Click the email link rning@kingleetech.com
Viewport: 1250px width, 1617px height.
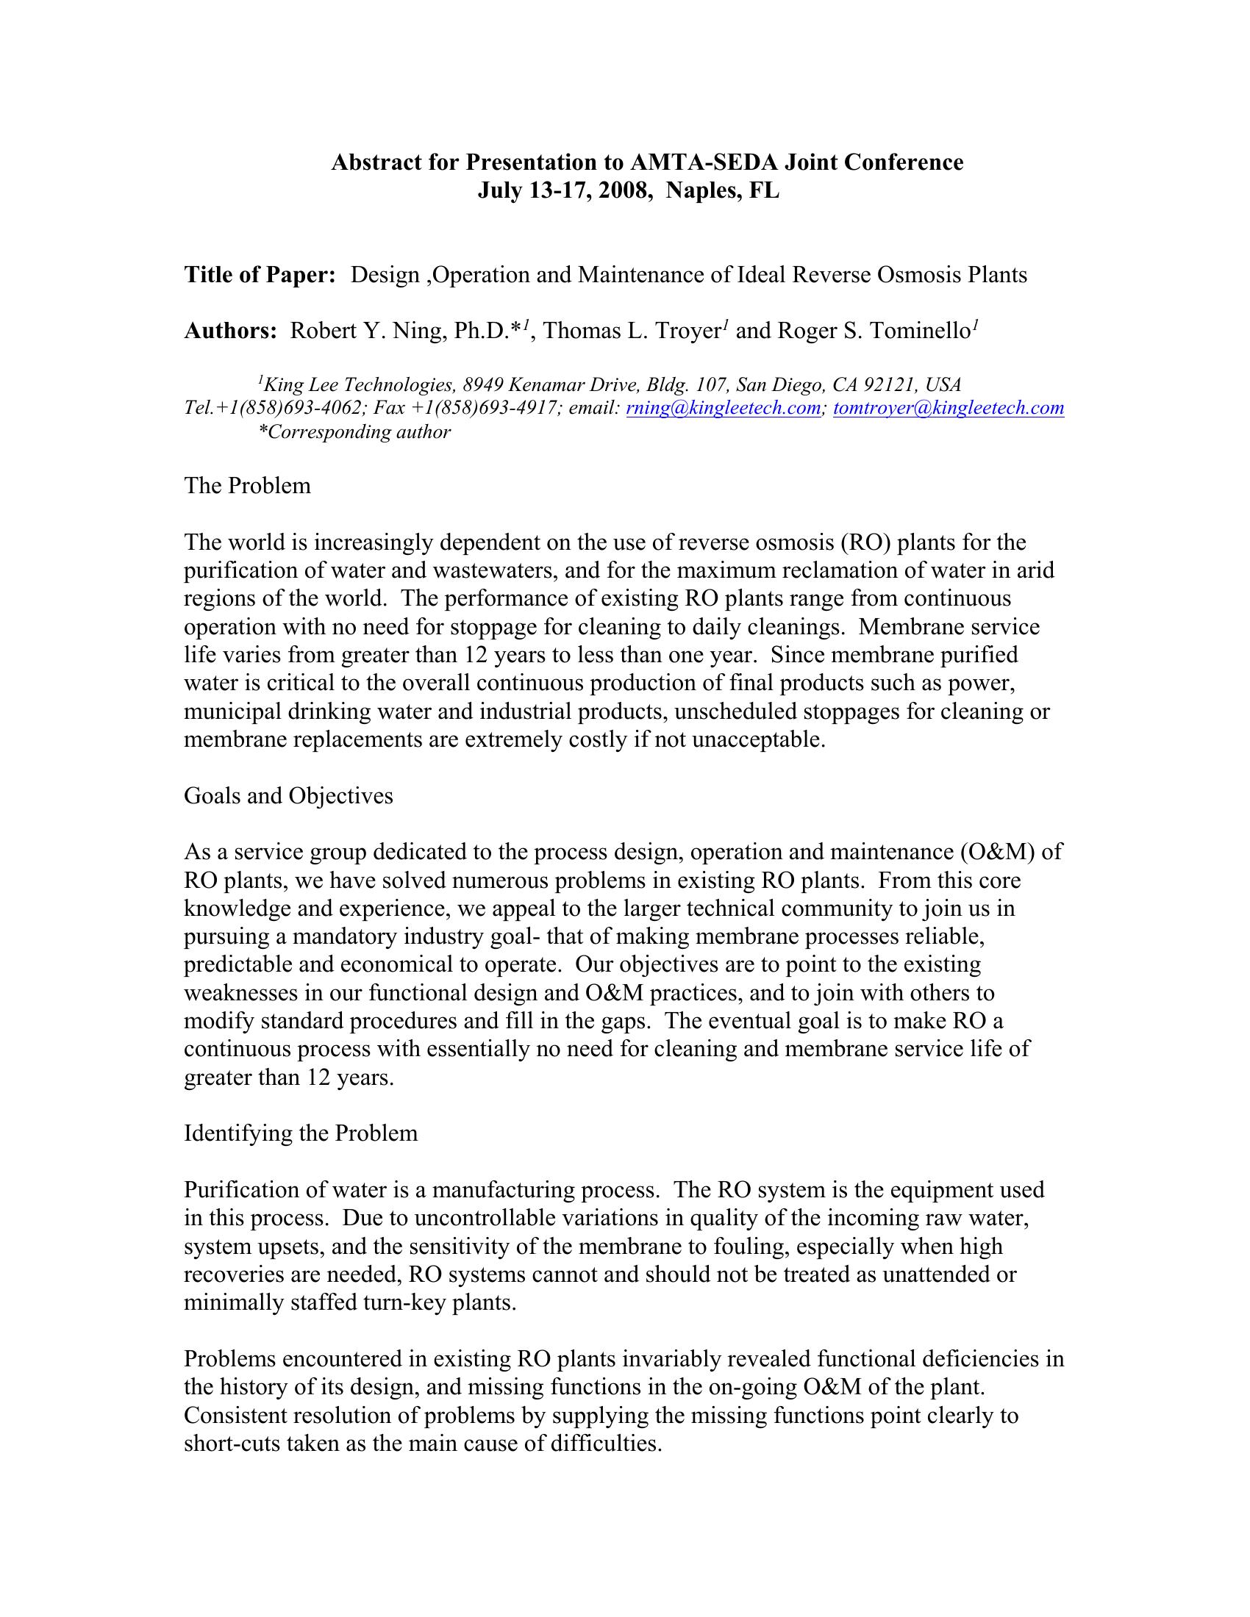coord(724,407)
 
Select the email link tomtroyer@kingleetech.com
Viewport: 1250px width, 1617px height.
coord(949,407)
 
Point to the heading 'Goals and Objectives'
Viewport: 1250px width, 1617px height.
coord(288,795)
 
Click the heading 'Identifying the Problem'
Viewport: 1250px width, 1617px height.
coord(301,1133)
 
